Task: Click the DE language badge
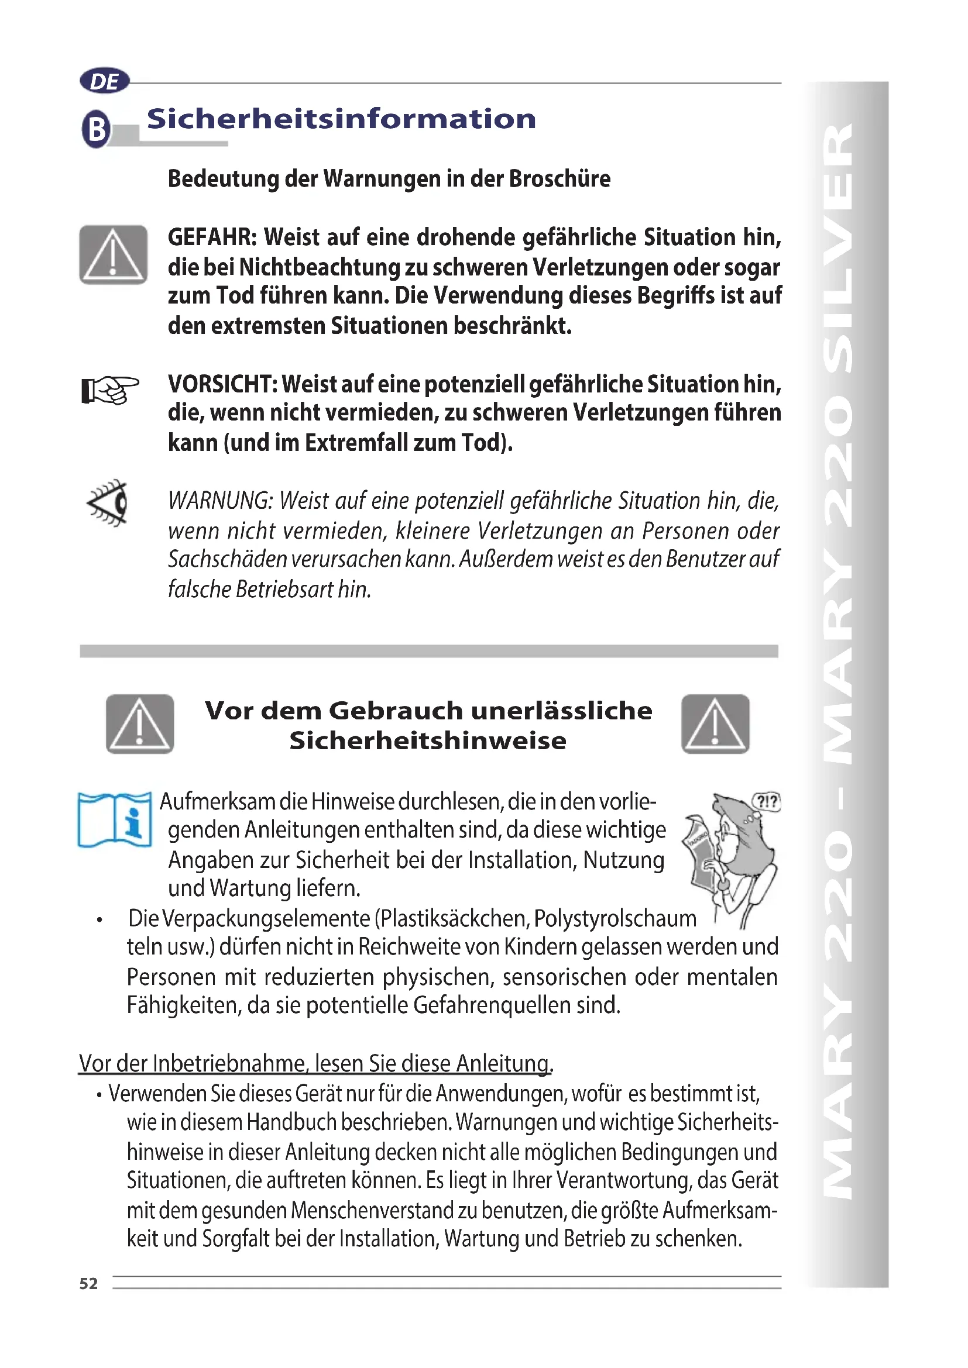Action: tap(104, 81)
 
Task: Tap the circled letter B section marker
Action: tap(96, 129)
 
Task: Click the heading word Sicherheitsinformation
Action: tap(341, 119)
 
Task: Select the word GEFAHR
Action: tap(212, 237)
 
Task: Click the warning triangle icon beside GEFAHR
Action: tap(114, 254)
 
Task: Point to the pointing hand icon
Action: tap(110, 390)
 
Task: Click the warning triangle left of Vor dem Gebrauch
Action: tap(140, 724)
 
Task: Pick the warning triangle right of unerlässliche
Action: tap(715, 724)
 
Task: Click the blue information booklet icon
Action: tap(115, 820)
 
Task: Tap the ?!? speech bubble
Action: tap(767, 802)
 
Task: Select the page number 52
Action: tap(88, 1283)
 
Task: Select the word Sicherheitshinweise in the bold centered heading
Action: tap(427, 740)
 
